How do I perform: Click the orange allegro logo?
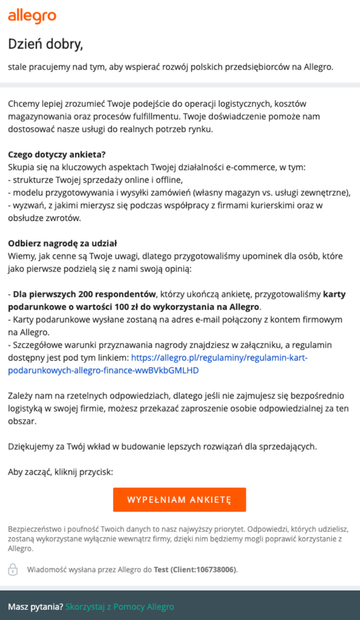coord(32,16)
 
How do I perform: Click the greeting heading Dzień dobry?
coord(45,44)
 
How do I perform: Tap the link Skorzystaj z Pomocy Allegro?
coord(120,606)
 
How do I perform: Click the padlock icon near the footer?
coord(12,569)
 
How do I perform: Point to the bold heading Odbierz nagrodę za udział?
coord(63,243)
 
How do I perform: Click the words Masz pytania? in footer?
coord(35,606)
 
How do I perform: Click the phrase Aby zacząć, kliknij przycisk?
coord(61,472)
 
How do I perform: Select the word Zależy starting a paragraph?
coord(20,395)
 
